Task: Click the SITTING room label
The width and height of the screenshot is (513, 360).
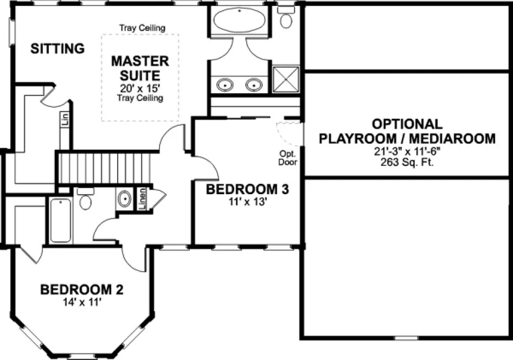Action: tap(57, 49)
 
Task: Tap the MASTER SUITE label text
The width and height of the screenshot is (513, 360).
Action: tap(140, 68)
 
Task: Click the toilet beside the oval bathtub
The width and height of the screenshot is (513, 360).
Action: tap(286, 19)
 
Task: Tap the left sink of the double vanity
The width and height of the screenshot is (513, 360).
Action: tap(225, 85)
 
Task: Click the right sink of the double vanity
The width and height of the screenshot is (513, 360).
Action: tap(253, 85)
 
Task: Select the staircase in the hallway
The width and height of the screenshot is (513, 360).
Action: tap(103, 169)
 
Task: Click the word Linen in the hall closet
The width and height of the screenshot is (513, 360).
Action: tap(142, 199)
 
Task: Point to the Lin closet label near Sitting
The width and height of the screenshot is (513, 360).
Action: tap(65, 119)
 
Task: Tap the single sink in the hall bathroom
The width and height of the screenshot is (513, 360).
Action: tap(124, 199)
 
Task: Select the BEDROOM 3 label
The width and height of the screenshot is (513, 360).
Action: tap(247, 190)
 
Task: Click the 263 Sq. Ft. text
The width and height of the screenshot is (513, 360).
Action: tap(407, 162)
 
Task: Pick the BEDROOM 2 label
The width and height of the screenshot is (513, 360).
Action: tap(82, 290)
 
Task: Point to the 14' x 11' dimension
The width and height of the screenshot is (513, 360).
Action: tap(82, 303)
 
